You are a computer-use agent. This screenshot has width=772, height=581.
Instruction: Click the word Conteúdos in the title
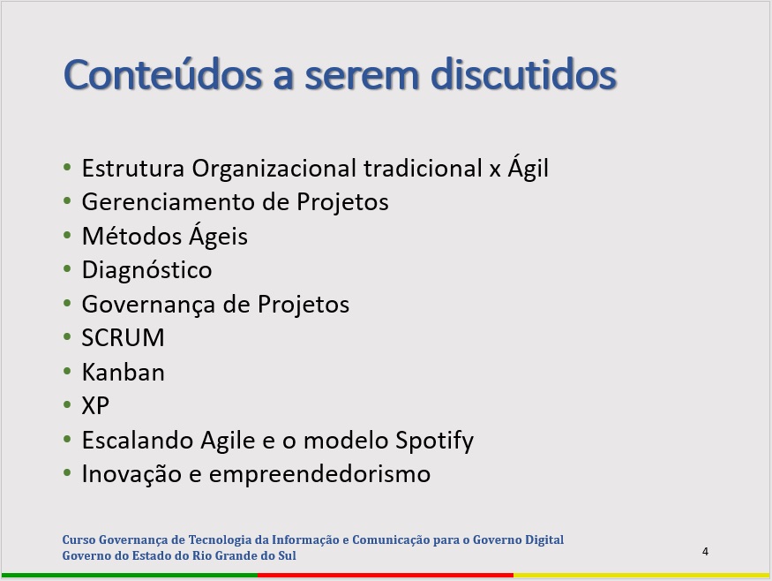pyautogui.click(x=163, y=74)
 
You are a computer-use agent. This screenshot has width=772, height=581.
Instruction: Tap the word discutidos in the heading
pyautogui.click(x=523, y=74)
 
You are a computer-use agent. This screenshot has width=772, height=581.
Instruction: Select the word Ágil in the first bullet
pyautogui.click(x=528, y=168)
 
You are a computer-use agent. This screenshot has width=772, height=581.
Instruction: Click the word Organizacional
pyautogui.click(x=274, y=169)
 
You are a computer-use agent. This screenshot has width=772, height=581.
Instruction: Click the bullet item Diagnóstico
pyautogui.click(x=146, y=270)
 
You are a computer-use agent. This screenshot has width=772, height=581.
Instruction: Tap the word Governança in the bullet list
pyautogui.click(x=149, y=305)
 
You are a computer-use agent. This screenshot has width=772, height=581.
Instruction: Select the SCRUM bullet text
pyautogui.click(x=124, y=338)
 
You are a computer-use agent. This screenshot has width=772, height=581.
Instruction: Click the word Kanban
pyautogui.click(x=124, y=372)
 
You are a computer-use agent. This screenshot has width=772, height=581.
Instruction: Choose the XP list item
pyautogui.click(x=95, y=405)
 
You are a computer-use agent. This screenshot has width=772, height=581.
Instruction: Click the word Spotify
pyautogui.click(x=434, y=441)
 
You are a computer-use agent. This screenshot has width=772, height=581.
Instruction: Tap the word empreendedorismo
pyautogui.click(x=319, y=474)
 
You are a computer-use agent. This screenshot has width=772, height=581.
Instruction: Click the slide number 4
pyautogui.click(x=705, y=552)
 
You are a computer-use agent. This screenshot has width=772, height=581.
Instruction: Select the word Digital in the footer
pyautogui.click(x=544, y=540)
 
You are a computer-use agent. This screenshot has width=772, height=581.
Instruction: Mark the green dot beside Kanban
pyautogui.click(x=67, y=371)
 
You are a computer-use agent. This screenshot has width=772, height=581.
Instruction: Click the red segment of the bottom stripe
pyautogui.click(x=386, y=575)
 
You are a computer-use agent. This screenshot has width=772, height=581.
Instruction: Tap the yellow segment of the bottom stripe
pyautogui.click(x=641, y=575)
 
